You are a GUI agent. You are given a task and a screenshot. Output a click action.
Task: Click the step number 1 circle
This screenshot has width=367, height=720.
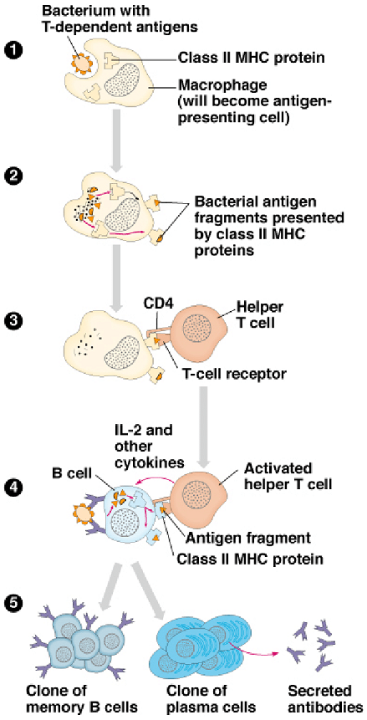click(15, 49)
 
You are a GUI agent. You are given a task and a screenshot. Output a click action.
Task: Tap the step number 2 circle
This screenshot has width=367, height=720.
click(15, 176)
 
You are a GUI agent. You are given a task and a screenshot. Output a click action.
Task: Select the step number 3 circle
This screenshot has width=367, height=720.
click(15, 319)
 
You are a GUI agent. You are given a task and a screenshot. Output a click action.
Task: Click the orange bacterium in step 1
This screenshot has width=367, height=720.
click(83, 64)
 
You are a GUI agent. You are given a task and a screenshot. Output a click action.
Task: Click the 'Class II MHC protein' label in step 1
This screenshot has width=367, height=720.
click(252, 59)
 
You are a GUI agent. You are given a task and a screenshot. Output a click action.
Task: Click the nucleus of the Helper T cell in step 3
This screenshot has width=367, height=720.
click(197, 331)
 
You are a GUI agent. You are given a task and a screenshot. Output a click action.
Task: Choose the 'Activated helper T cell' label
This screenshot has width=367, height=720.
click(287, 477)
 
